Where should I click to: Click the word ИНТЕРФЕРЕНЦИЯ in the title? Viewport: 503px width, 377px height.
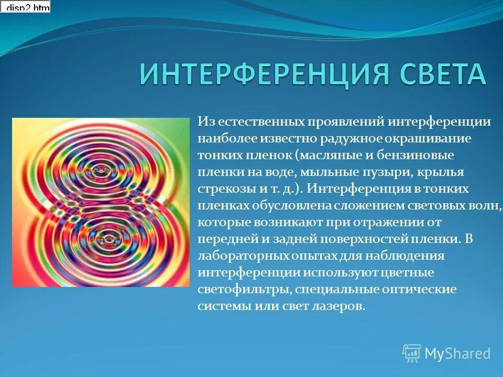pyautogui.click(x=265, y=74)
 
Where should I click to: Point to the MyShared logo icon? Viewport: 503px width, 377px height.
pyautogui.click(x=412, y=353)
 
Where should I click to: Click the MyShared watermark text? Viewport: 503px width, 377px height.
pyautogui.click(x=457, y=353)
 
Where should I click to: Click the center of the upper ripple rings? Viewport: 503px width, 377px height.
pyautogui.click(x=100, y=170)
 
